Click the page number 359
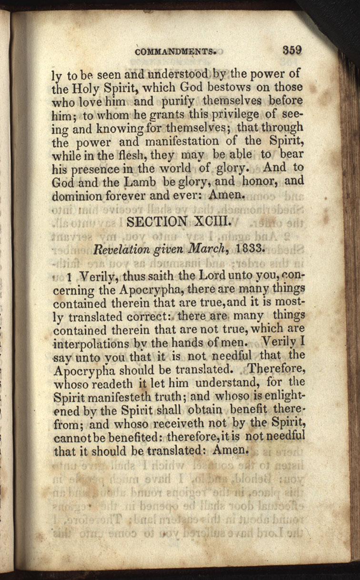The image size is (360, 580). [x=292, y=50]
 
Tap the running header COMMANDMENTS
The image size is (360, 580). [x=176, y=52]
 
